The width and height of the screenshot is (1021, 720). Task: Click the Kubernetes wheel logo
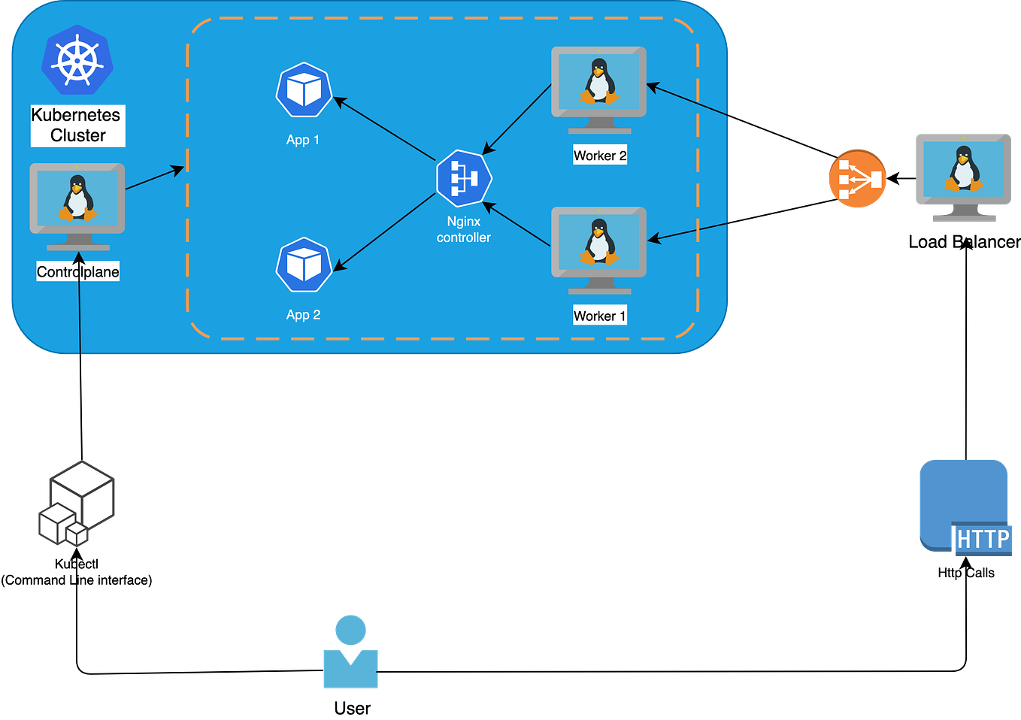[x=77, y=61]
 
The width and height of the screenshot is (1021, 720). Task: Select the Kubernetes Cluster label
[x=77, y=126]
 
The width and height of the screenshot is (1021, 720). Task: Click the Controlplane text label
[x=77, y=272]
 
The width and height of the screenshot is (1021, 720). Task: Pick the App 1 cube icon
[x=304, y=90]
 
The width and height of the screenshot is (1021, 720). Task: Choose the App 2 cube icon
[x=304, y=265]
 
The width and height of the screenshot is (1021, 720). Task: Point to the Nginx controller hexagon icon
[x=464, y=179]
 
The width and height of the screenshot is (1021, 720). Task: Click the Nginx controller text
[x=464, y=229]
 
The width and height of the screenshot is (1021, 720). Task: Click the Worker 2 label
[x=599, y=156]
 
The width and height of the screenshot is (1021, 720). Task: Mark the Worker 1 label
[x=599, y=316]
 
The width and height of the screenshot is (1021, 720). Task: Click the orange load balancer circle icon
[x=857, y=179]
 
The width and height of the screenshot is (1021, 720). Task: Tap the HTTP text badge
[x=983, y=540]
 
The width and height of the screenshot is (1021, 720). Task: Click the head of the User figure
[x=350, y=630]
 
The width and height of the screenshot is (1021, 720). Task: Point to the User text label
[x=352, y=708]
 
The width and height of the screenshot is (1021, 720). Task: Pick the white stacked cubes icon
[x=77, y=504]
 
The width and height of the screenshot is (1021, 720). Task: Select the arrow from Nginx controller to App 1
[x=383, y=128]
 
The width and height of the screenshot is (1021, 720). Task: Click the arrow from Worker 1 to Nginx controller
[x=517, y=224]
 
